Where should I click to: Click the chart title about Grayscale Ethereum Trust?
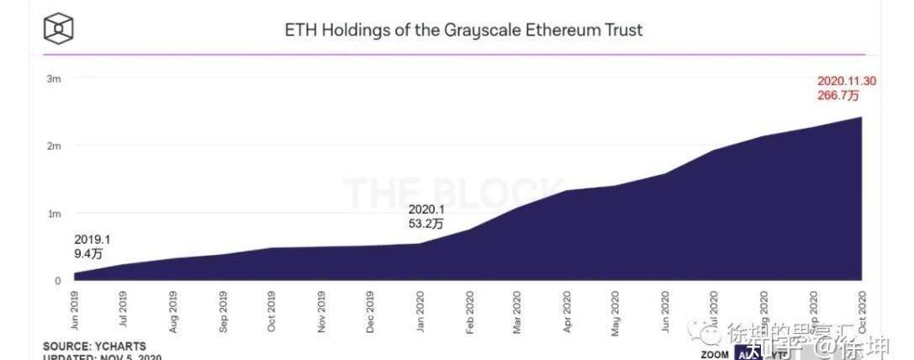(x=464, y=30)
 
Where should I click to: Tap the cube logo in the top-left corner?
(x=59, y=29)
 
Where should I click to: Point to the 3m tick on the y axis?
(x=53, y=78)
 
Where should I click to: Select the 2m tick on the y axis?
(x=53, y=146)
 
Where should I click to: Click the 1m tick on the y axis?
(x=53, y=214)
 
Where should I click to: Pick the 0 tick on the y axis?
(x=58, y=281)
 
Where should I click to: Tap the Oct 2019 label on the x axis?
(x=272, y=310)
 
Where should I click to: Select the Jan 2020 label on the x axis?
(x=420, y=310)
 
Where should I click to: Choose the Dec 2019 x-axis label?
(x=371, y=310)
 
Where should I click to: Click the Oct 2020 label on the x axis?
(x=863, y=310)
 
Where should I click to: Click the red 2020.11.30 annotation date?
(x=848, y=82)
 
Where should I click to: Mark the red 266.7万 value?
(x=837, y=96)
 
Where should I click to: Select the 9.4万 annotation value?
(x=88, y=253)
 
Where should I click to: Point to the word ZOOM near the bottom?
(x=716, y=354)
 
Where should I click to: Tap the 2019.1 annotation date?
(x=92, y=240)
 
